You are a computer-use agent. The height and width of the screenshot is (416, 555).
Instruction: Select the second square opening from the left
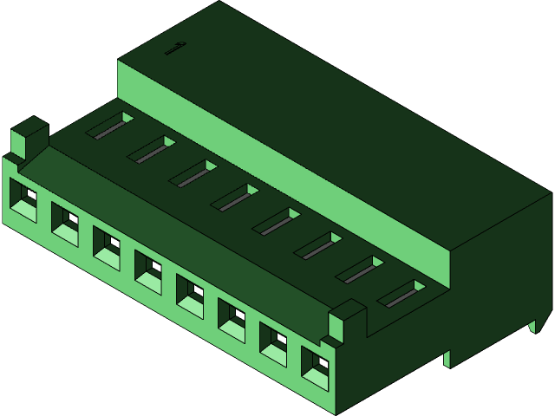click(x=65, y=224)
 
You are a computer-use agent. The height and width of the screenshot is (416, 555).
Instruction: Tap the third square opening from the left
click(x=107, y=248)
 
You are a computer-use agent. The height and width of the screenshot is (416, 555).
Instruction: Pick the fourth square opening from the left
click(x=148, y=271)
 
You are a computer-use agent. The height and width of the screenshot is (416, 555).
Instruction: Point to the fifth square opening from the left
click(x=190, y=295)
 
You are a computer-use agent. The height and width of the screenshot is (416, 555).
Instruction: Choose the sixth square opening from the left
click(x=232, y=318)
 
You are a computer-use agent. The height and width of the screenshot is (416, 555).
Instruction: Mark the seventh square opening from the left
click(x=273, y=342)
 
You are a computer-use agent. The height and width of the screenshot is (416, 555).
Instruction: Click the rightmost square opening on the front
click(x=315, y=366)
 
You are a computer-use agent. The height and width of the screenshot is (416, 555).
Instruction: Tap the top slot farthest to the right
click(x=402, y=294)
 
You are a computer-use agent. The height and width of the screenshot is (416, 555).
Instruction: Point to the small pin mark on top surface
click(x=175, y=49)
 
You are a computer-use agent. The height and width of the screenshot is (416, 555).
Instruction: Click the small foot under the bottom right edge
click(x=447, y=358)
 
